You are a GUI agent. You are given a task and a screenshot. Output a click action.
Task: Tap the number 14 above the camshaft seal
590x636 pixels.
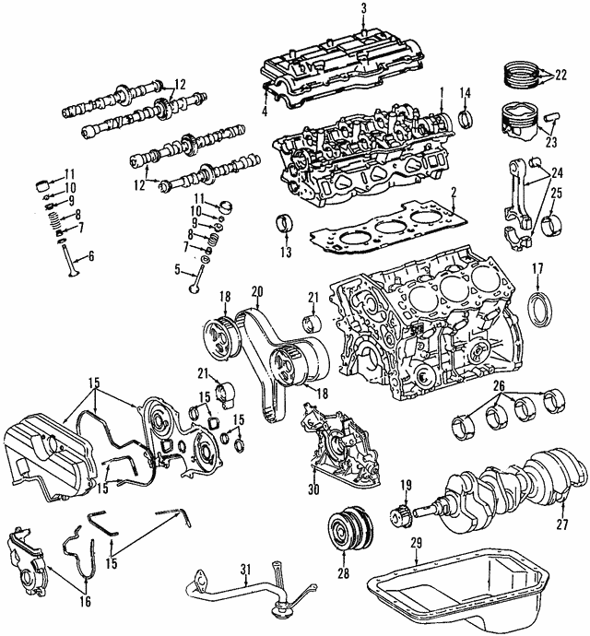click(466, 91)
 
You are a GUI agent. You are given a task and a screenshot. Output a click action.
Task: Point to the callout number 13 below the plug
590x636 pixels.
click(285, 253)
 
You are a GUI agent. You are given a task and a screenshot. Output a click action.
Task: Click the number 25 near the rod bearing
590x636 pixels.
click(555, 191)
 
